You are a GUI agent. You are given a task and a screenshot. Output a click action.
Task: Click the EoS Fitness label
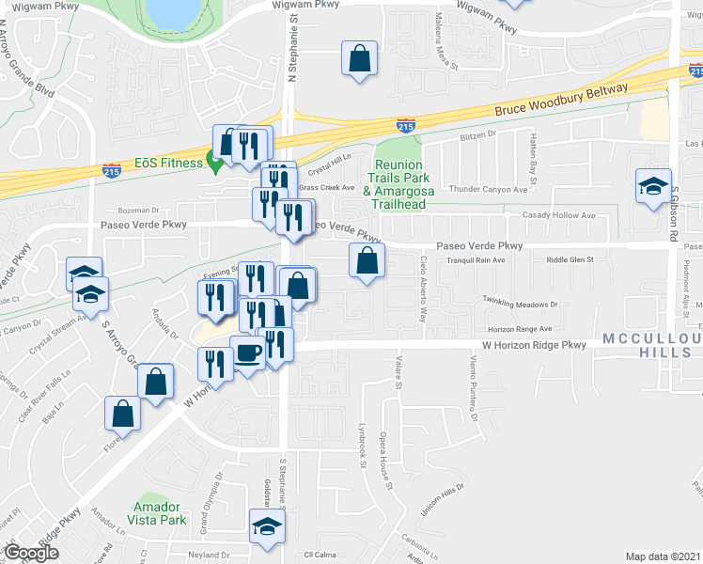tap(168, 163)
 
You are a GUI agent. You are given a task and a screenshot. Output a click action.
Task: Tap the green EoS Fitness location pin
tap(214, 164)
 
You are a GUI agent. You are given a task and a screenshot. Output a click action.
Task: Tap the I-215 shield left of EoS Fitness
tap(111, 170)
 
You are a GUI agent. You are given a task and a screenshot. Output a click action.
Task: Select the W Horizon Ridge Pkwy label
tap(533, 345)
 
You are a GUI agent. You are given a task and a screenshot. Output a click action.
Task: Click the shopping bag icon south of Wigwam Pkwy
tap(358, 58)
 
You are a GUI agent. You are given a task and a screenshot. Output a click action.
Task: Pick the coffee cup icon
tap(247, 352)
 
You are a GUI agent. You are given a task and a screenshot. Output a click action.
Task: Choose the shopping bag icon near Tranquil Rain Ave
tap(367, 260)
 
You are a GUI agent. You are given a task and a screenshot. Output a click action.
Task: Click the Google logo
tap(31, 553)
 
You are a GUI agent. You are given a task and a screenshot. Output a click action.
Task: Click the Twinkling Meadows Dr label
tap(520, 304)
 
